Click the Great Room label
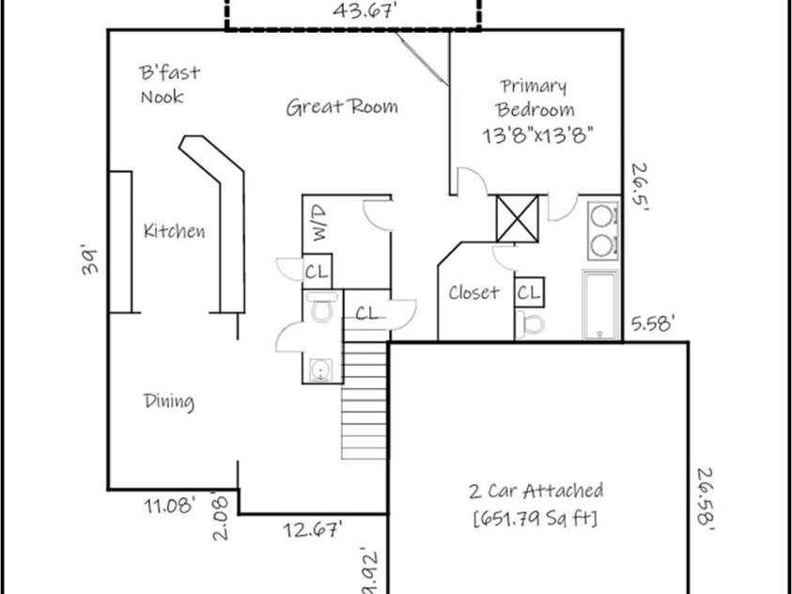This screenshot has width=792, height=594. (341, 106)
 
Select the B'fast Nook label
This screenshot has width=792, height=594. (169, 85)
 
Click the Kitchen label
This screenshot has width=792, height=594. (174, 231)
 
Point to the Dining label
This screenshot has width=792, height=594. (169, 402)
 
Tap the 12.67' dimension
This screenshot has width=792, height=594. (312, 530)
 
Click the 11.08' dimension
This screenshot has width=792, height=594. (170, 506)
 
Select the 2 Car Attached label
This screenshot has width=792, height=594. (536, 491)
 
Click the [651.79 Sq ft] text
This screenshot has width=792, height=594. (536, 517)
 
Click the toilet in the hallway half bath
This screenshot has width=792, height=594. (321, 307)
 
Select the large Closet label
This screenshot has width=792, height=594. (474, 292)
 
